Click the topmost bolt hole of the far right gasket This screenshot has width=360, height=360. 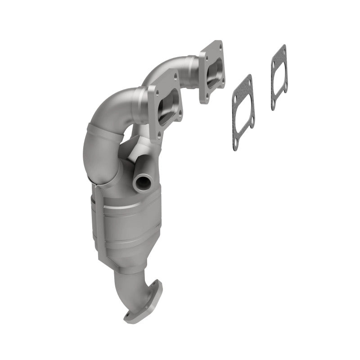coord(283,48)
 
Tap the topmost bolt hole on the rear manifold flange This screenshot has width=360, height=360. coord(219,45)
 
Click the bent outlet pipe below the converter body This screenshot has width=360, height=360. coord(135,279)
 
